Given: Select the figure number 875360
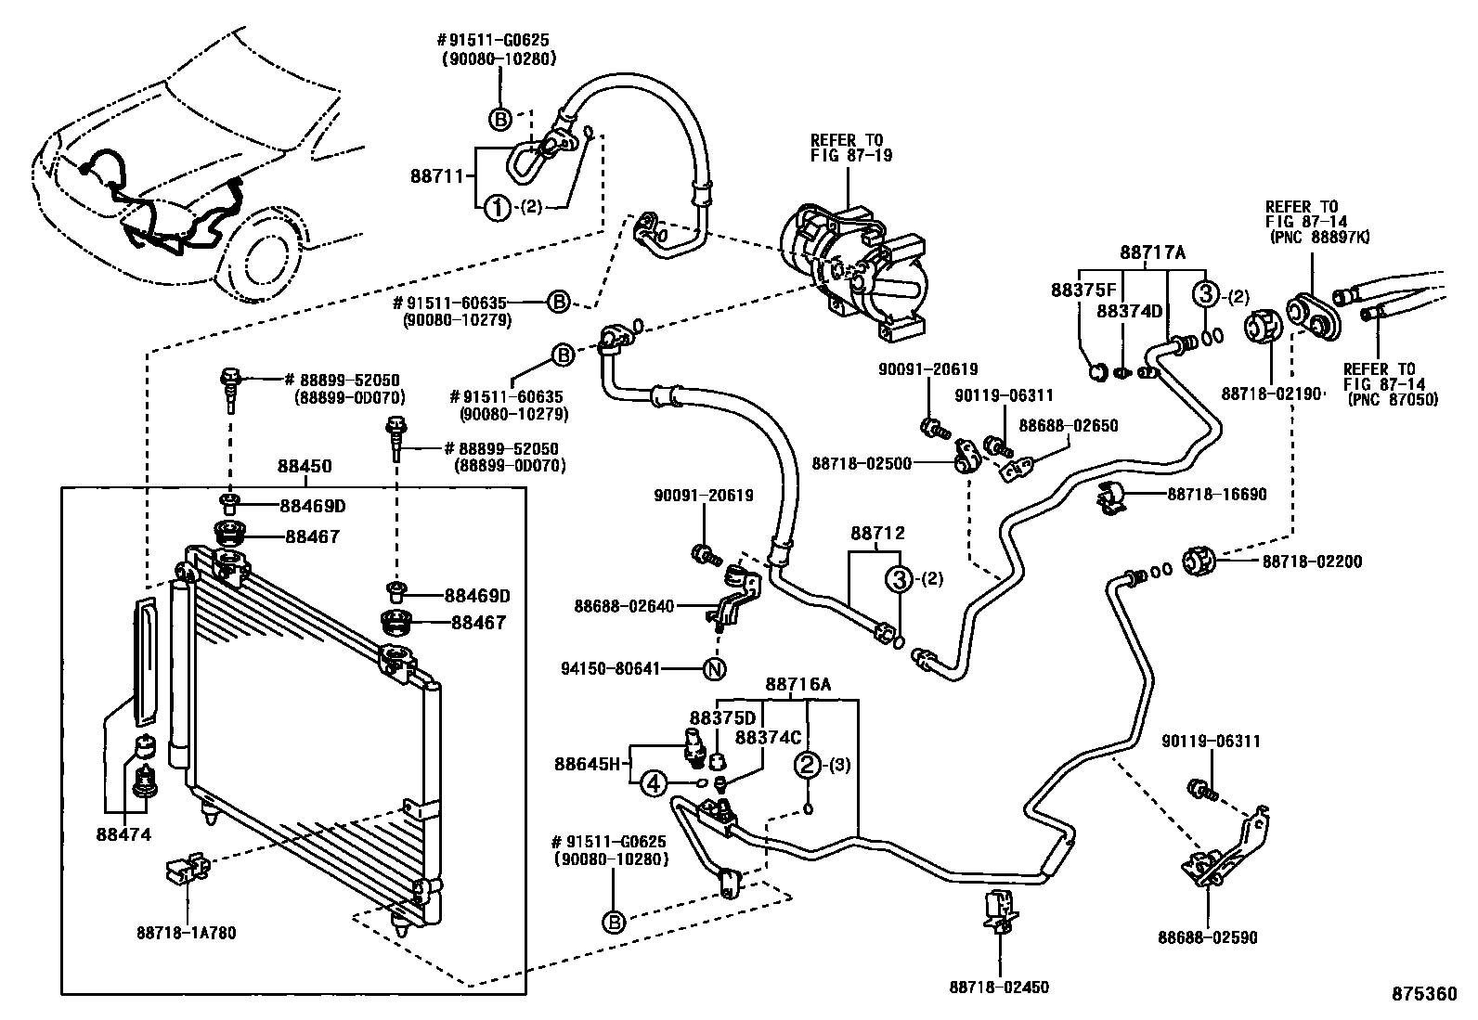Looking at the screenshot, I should tap(1423, 993).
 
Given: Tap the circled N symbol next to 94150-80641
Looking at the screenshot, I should tap(713, 667).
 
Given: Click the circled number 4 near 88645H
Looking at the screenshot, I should tap(654, 783).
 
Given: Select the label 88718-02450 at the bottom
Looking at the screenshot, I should tap(999, 987).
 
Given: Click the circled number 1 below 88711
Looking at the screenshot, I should tap(499, 209).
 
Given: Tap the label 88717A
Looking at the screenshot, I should tap(1153, 252).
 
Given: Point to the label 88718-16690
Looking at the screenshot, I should tap(1216, 495).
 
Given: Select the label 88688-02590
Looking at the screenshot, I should tap(1207, 938).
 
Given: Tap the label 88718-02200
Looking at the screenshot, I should tap(1312, 562).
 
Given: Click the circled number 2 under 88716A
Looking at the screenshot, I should tap(808, 765).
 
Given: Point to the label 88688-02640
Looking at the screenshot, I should tap(624, 606).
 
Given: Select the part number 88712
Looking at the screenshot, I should tap(877, 533).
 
